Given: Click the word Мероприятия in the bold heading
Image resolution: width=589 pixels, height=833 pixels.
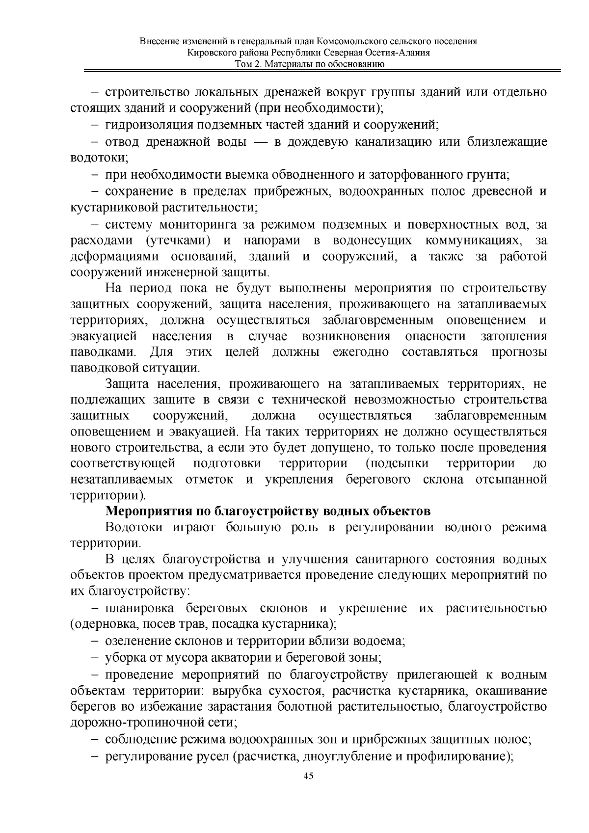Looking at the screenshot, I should pyautogui.click(x=149, y=511).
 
